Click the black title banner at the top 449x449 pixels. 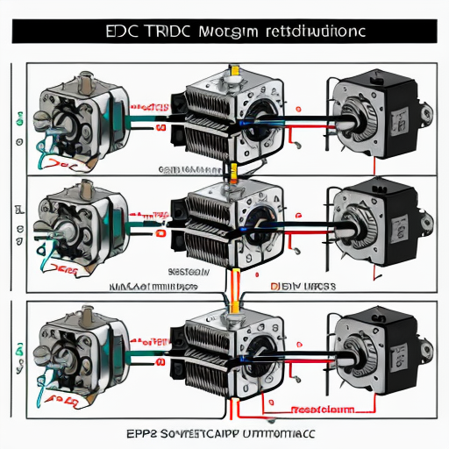[x=224, y=31]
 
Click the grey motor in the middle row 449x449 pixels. [x=75, y=215]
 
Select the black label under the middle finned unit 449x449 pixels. [x=188, y=272]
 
